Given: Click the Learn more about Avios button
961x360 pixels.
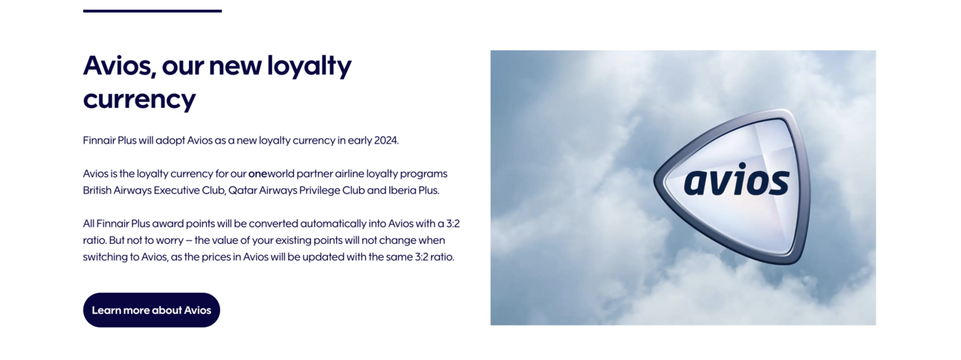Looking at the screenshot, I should click(151, 310).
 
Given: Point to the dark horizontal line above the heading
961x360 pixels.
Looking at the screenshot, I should click(152, 11).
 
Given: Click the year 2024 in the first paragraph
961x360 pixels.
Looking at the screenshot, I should click(385, 140).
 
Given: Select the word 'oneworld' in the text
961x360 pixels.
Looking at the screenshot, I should click(271, 173).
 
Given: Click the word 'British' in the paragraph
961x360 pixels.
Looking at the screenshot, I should click(98, 190).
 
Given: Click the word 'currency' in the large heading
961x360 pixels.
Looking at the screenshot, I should click(139, 99).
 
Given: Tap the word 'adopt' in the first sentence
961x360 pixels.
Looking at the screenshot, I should click(170, 140).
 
